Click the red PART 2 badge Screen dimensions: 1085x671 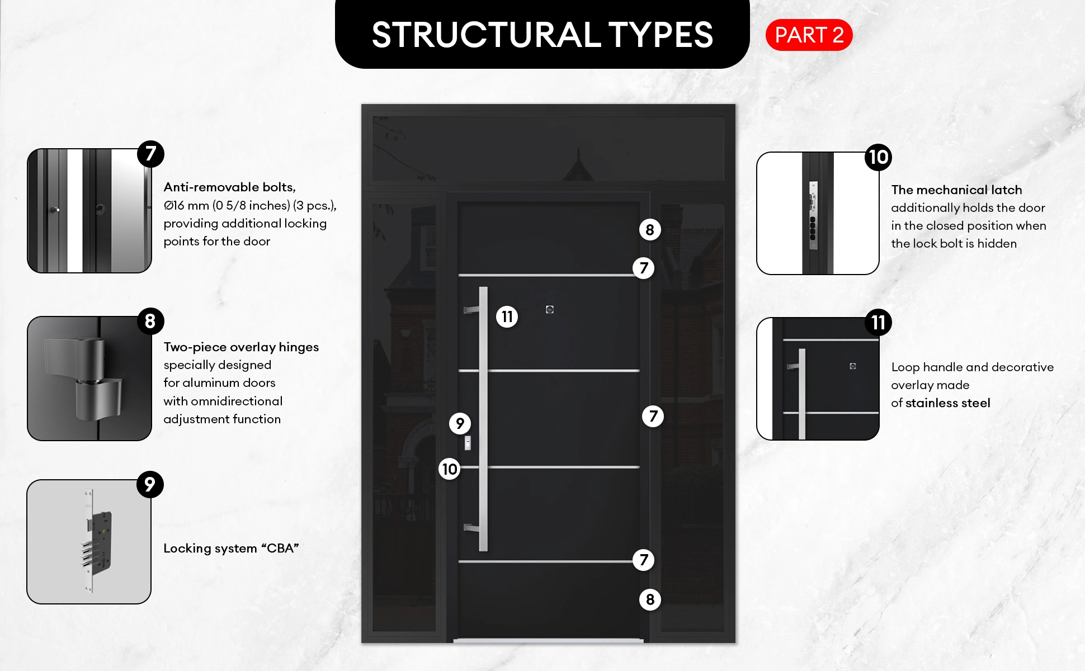[x=809, y=35]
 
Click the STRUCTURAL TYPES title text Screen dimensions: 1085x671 [x=542, y=35]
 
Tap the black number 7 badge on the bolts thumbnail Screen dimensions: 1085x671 [x=150, y=154]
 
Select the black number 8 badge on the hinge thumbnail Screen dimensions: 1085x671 [x=150, y=321]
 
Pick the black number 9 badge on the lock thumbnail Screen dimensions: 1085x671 [x=150, y=484]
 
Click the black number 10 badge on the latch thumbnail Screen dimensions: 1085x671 [x=878, y=157]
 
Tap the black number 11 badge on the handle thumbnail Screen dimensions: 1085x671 [x=878, y=323]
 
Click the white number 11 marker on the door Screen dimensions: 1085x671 [x=507, y=317]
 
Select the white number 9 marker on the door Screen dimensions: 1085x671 [x=460, y=423]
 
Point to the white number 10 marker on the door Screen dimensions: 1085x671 [x=449, y=469]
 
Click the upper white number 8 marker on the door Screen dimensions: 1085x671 [x=650, y=230]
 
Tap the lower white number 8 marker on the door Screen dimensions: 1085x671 [x=650, y=599]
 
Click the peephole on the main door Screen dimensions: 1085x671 [x=550, y=309]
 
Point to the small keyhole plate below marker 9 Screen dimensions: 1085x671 [x=468, y=443]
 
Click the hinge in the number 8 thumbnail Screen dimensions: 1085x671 [x=84, y=377]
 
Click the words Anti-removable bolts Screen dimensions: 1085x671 [x=229, y=187]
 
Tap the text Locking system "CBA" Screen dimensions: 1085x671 [x=231, y=548]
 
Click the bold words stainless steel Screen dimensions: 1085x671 [x=947, y=403]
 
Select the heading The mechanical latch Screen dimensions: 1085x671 [x=956, y=190]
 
